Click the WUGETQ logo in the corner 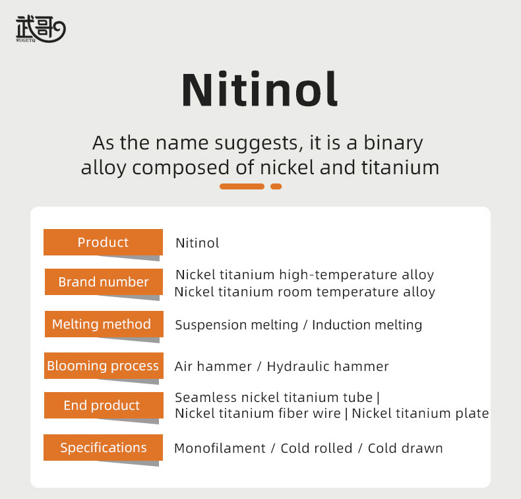tap(40, 29)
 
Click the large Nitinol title tap(260, 90)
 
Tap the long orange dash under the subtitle tap(242, 187)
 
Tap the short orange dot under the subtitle tap(276, 187)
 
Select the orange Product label tap(103, 242)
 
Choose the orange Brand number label tap(104, 282)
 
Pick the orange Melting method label tap(104, 324)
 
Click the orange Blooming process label tap(104, 366)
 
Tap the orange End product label tap(104, 405)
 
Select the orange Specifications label tap(103, 448)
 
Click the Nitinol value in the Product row tap(197, 243)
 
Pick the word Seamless tap(206, 397)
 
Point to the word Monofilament tap(220, 448)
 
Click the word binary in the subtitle tap(394, 144)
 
